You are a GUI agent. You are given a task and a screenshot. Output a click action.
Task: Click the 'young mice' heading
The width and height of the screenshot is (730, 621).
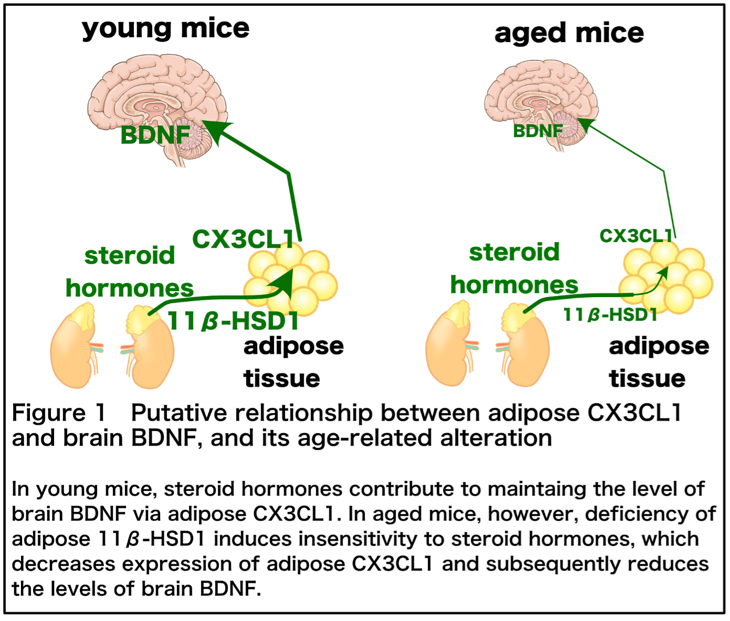click(x=165, y=29)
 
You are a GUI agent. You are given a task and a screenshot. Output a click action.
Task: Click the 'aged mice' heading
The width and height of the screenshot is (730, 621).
click(x=569, y=34)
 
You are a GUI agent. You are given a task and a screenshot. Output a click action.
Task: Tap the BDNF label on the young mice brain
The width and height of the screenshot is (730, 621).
click(x=155, y=135)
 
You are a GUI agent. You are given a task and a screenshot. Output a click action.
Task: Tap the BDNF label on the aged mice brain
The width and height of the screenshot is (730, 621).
click(x=538, y=131)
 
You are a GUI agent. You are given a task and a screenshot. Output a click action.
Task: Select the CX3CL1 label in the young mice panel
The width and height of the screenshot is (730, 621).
click(x=243, y=239)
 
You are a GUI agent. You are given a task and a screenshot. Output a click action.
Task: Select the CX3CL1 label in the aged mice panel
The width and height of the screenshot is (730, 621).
click(x=636, y=236)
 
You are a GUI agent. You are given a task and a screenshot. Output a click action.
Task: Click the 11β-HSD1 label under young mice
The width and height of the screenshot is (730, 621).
click(x=234, y=321)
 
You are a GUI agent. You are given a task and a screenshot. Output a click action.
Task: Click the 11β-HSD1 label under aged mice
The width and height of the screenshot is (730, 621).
click(x=610, y=314)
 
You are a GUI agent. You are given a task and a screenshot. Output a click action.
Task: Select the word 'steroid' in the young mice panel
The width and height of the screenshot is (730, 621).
click(x=130, y=256)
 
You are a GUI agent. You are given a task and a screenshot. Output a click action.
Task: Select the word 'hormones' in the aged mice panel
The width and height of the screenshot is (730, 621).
click(x=514, y=285)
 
